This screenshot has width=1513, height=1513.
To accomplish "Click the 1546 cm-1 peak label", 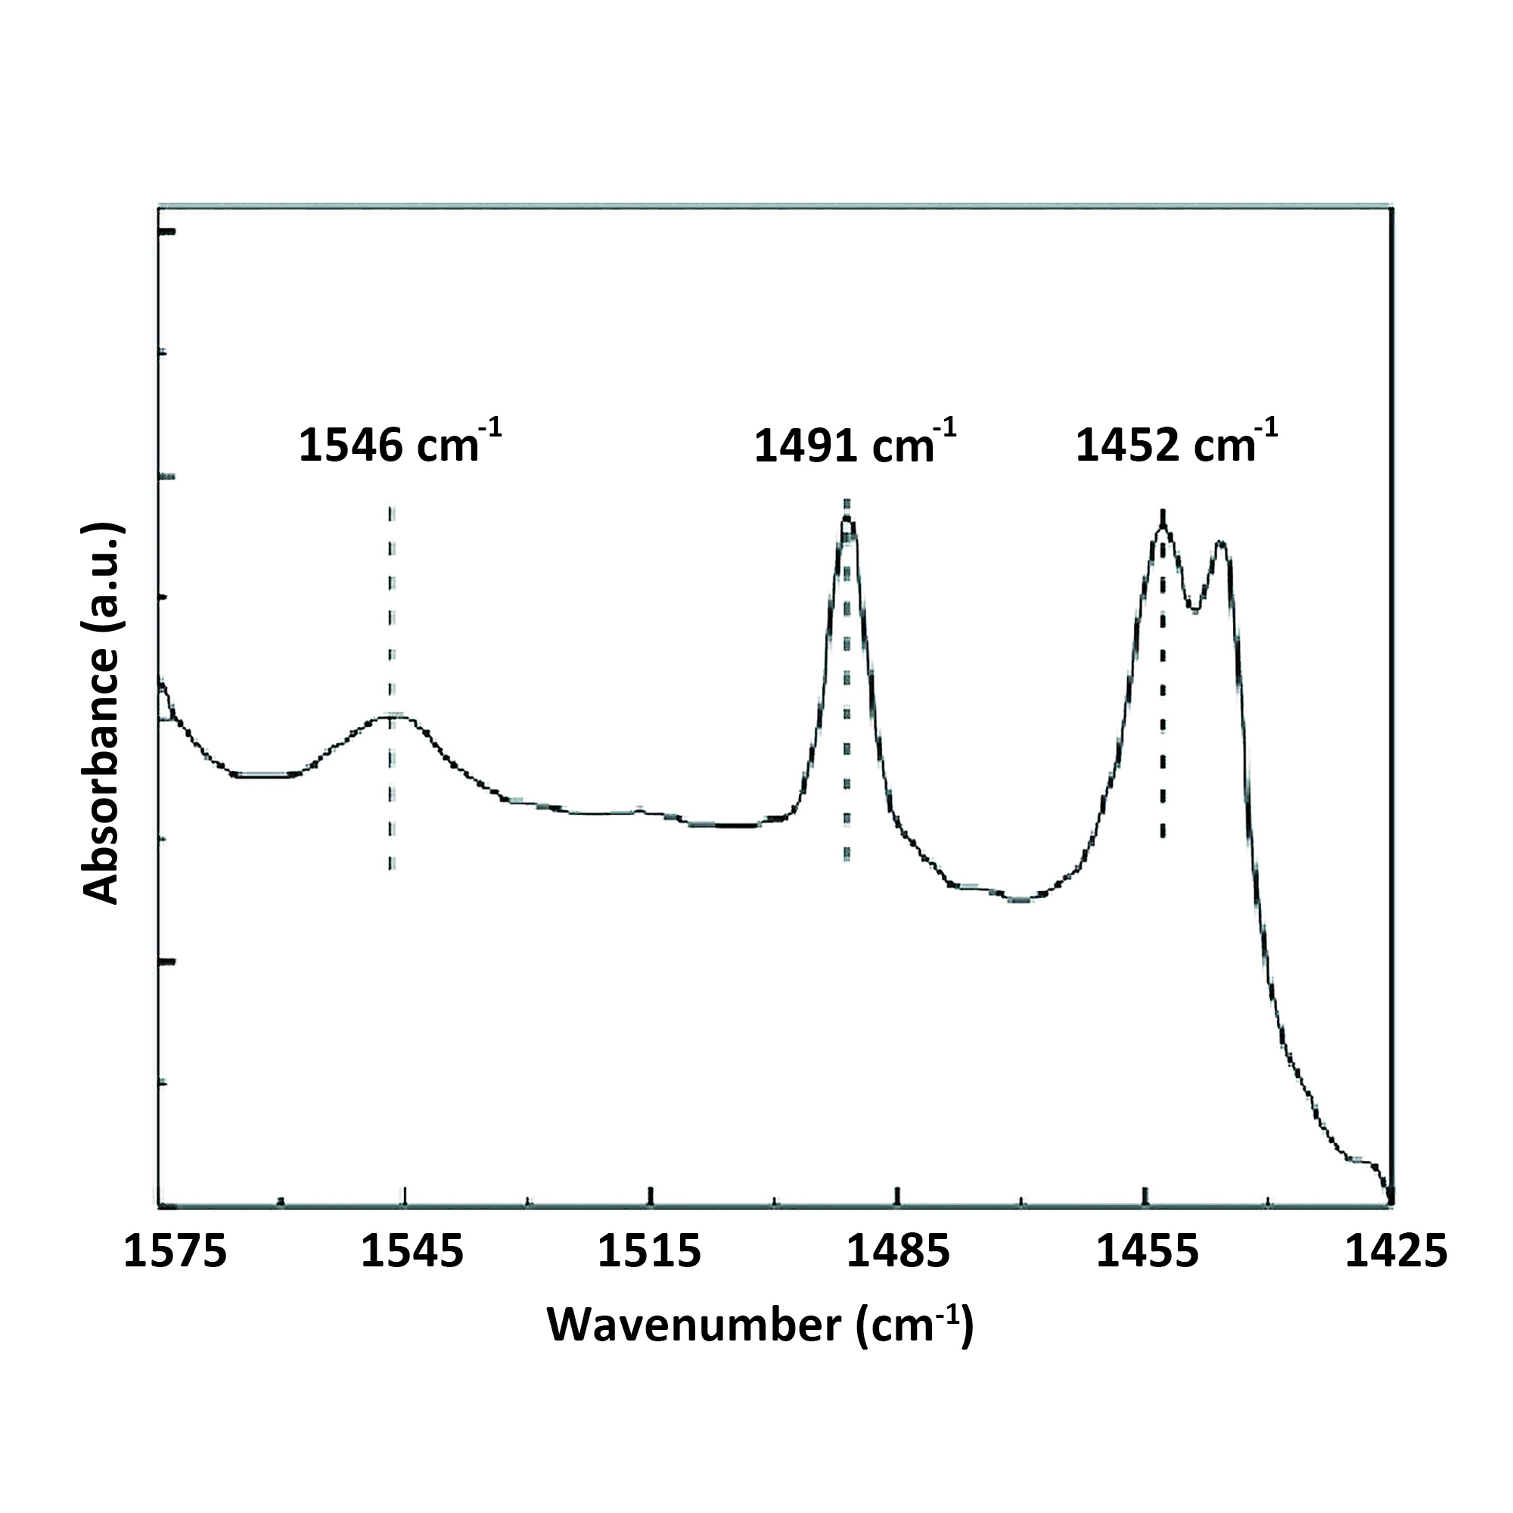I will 399,445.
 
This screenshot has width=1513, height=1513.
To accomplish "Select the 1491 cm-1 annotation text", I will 854,445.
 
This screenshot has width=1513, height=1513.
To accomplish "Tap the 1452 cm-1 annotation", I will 1176,445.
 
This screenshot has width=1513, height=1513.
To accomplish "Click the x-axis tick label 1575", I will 176,1250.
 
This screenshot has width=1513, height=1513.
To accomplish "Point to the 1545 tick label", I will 412,1250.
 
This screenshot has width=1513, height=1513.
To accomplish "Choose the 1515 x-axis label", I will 649,1250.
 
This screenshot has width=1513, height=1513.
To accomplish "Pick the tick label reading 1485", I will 898,1250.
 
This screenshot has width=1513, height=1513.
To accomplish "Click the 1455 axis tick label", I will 1147,1250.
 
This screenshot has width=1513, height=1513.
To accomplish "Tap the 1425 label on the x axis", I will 1396,1250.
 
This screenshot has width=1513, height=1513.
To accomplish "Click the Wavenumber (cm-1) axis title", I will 760,1325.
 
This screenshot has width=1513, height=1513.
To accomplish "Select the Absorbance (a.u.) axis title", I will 102,713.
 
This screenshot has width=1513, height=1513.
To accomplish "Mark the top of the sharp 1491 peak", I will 847,518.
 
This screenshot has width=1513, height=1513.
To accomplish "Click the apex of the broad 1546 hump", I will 392,716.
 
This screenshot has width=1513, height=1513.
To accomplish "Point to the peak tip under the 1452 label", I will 1163,527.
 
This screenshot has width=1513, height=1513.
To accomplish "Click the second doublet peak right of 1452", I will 1219,542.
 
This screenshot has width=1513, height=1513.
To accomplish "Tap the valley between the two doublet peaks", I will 1195,610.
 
